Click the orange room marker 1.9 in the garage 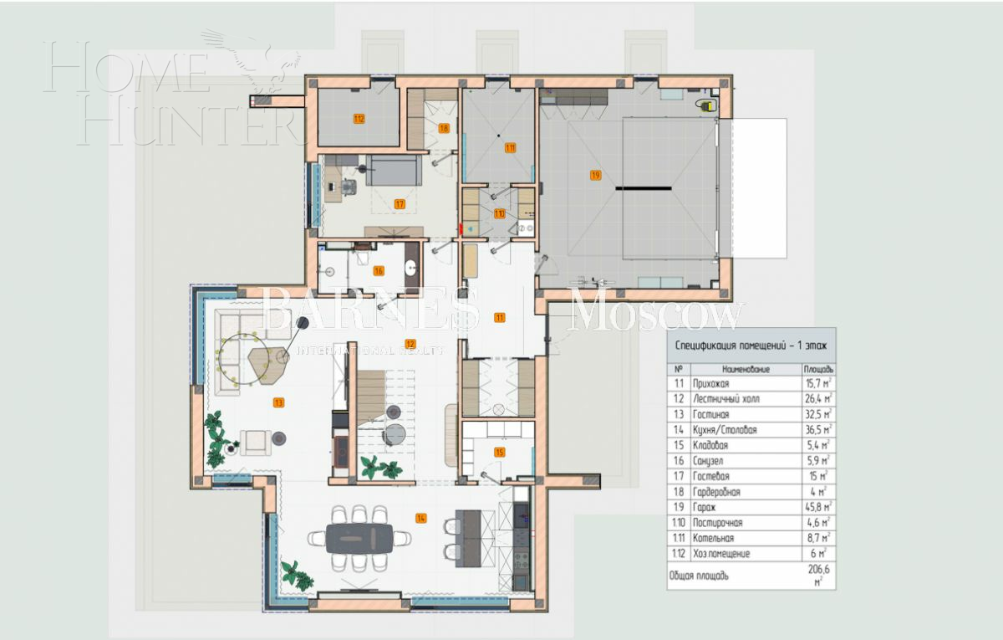[595, 175]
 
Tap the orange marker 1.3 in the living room [278, 402]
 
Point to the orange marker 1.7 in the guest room [400, 203]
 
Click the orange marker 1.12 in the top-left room [359, 119]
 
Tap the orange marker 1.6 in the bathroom [379, 270]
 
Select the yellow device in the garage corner [707, 105]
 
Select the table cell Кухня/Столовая [724, 430]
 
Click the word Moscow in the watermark [656, 314]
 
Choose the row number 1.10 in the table [680, 523]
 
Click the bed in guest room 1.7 [393, 170]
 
